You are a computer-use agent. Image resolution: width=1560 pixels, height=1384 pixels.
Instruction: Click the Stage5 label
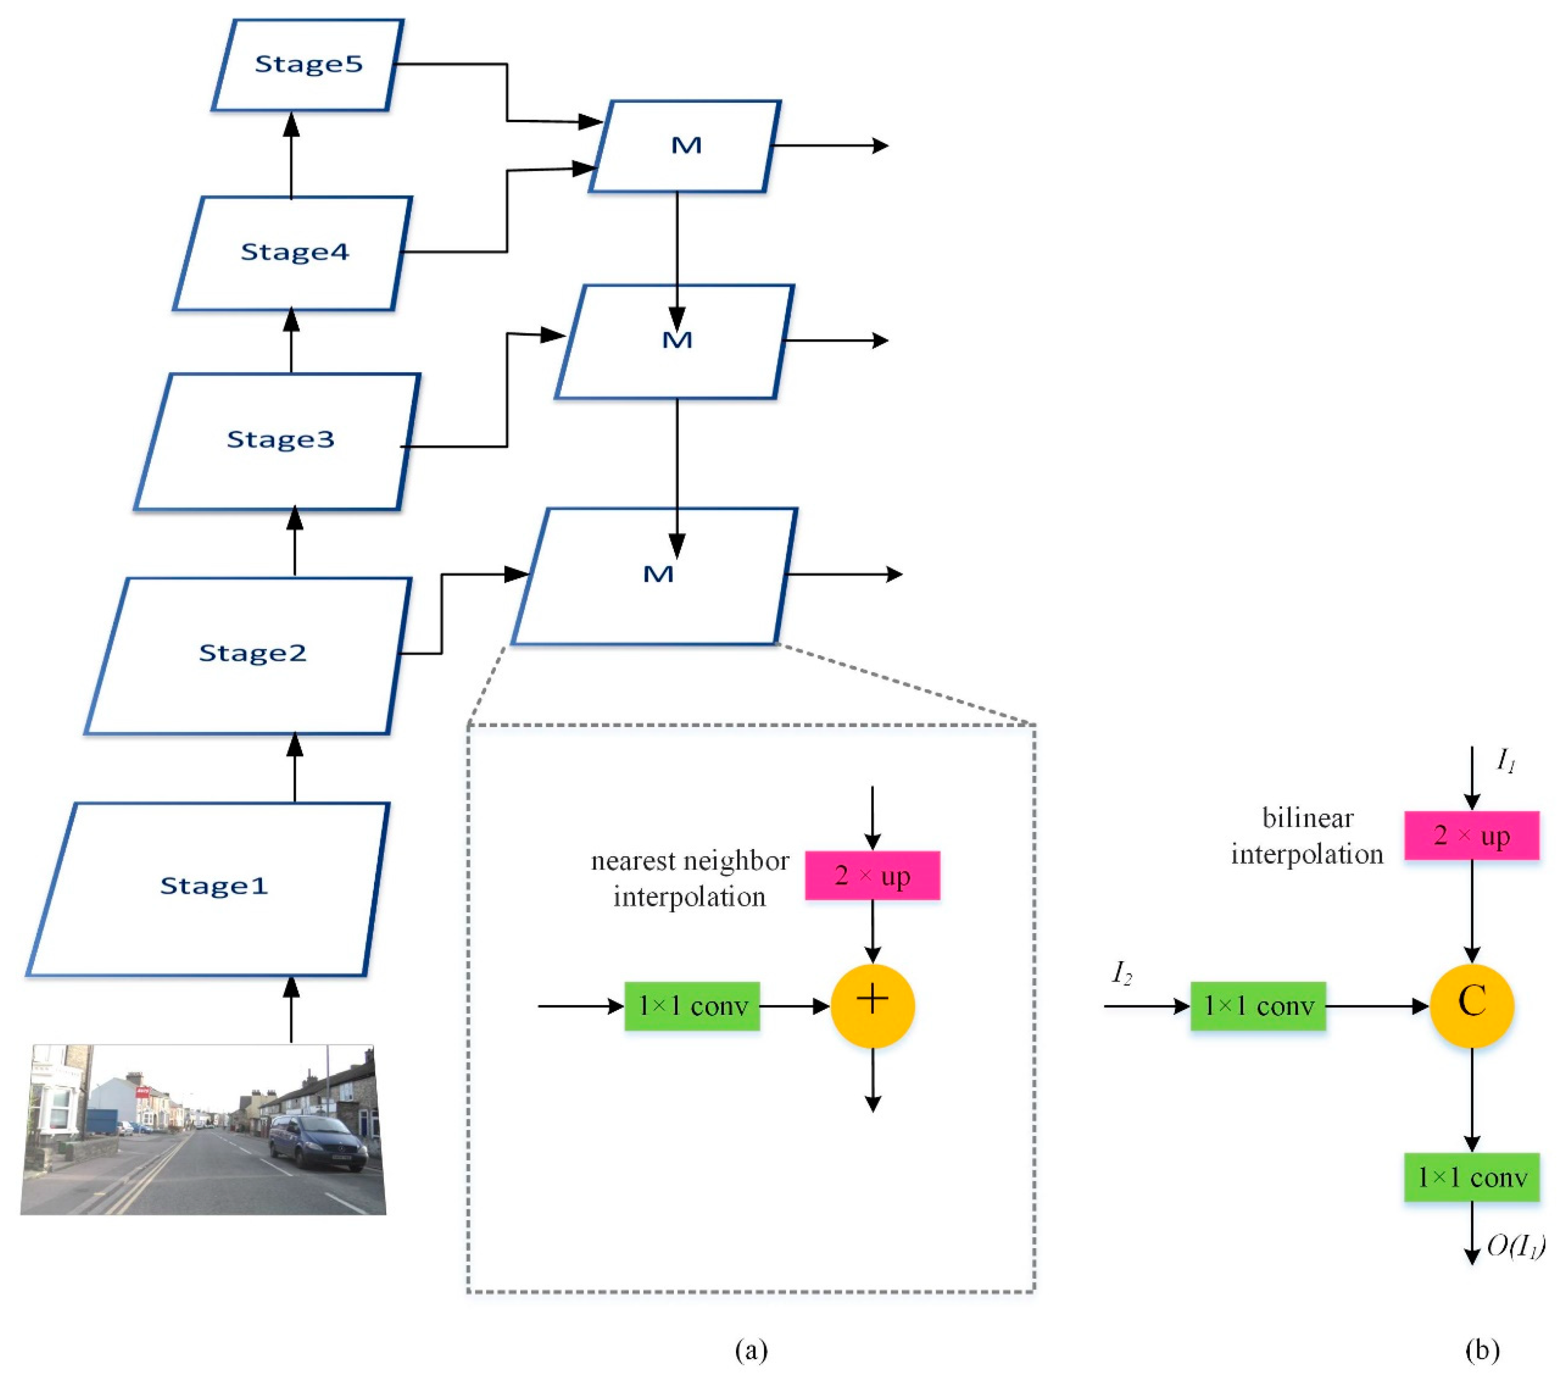pos(308,64)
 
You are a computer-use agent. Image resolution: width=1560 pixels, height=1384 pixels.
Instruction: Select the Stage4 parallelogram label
pos(294,252)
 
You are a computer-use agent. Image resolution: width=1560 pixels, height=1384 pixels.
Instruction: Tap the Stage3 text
pos(280,440)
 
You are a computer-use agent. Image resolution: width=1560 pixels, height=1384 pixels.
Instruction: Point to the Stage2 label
pos(252,653)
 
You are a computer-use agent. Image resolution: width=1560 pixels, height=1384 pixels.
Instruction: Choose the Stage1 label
pos(214,886)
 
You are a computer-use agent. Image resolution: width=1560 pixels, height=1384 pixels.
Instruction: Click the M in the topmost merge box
pos(686,146)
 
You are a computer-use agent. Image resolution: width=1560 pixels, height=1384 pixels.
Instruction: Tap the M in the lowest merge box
pos(658,575)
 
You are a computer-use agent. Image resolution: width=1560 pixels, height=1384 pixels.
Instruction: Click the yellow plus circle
pos(872,1005)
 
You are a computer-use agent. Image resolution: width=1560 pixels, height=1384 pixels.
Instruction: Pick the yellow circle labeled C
pos(1472,1005)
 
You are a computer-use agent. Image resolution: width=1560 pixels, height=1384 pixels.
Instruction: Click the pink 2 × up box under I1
pos(1472,836)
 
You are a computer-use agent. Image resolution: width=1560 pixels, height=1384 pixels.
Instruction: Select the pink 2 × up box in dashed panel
pos(872,875)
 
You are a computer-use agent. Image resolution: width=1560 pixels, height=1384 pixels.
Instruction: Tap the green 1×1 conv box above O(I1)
pos(1472,1178)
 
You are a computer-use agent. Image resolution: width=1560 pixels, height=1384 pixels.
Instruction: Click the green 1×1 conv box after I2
pos(1258,1006)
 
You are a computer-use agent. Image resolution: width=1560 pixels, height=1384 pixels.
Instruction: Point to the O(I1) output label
pos(1515,1247)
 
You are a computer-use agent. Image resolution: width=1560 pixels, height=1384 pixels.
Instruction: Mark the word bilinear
pos(1308,818)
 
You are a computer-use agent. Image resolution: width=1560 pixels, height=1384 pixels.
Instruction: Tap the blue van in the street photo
pos(317,1141)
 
